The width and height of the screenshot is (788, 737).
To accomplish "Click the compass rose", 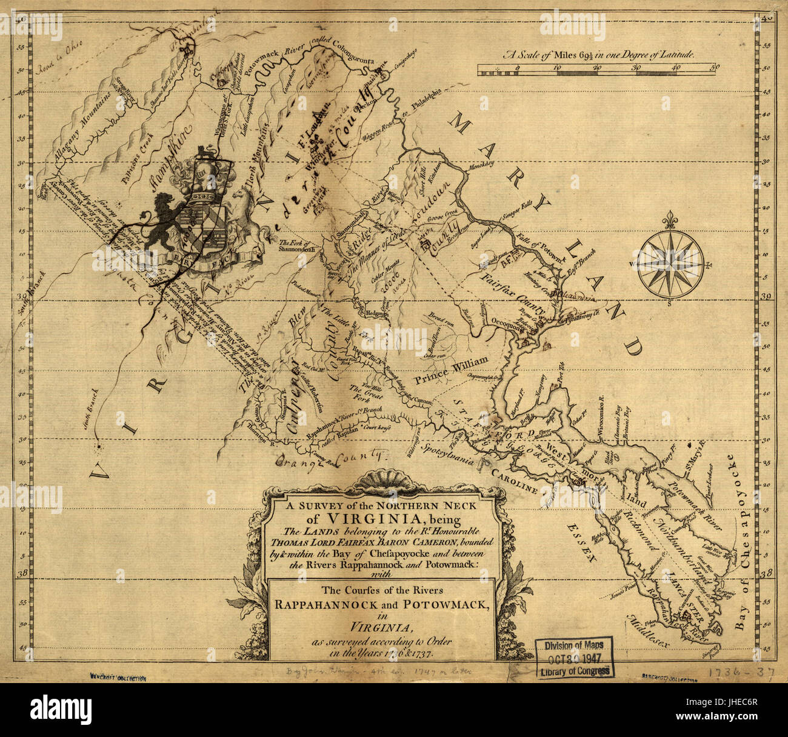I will (x=670, y=265).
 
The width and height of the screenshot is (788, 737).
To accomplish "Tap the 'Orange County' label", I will (x=330, y=459).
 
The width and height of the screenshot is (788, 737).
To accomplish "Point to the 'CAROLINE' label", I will (x=515, y=482).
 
